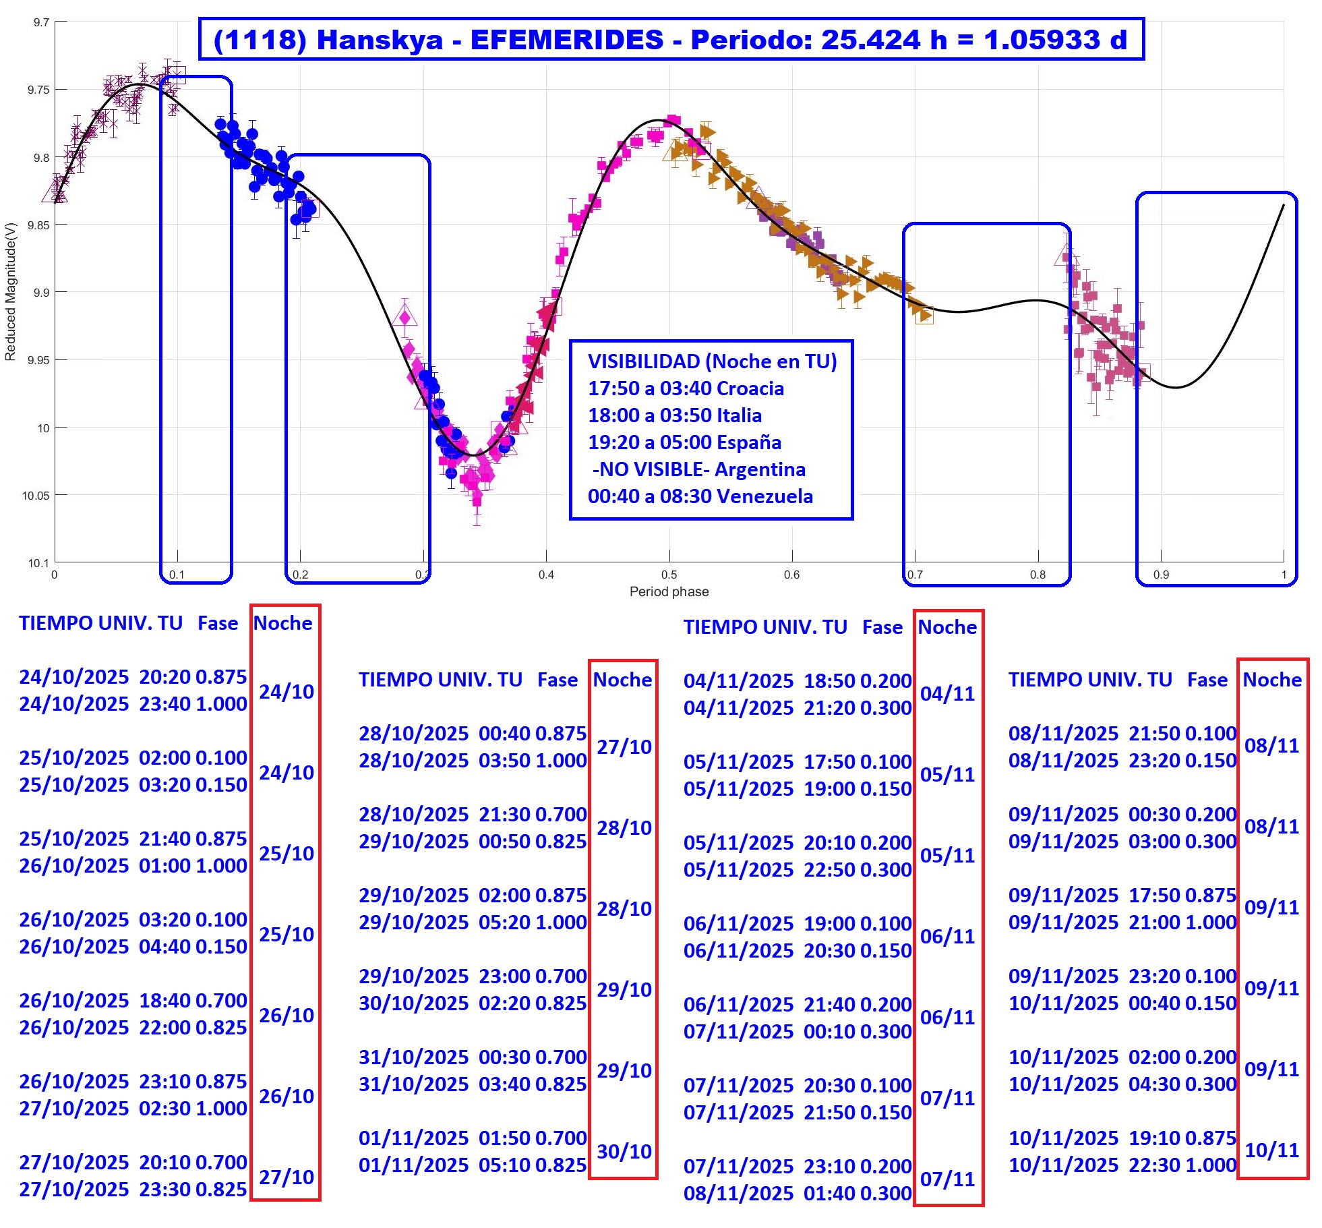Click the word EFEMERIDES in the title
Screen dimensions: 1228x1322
tap(566, 40)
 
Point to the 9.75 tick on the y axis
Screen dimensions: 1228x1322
tap(38, 90)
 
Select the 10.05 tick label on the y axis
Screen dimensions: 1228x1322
tap(35, 496)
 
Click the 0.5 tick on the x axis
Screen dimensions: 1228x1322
tap(669, 575)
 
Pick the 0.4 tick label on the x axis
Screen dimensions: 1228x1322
tap(546, 575)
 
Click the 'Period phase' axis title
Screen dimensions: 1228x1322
tap(669, 592)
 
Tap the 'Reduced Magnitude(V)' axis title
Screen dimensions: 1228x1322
tap(10, 292)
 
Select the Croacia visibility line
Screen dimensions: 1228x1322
tap(686, 388)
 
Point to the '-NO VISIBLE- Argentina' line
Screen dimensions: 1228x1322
tap(698, 469)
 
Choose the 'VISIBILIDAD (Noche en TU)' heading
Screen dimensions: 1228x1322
tap(712, 361)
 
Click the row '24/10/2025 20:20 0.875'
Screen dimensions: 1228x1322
tap(133, 676)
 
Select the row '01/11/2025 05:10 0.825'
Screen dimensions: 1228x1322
tap(473, 1165)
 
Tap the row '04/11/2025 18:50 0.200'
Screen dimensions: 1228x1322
tap(798, 680)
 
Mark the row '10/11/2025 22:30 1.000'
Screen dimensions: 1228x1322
tap(1122, 1165)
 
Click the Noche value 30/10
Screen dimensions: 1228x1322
tap(624, 1151)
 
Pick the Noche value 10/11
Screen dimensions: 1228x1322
tap(1271, 1150)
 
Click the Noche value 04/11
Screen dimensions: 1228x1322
tap(948, 693)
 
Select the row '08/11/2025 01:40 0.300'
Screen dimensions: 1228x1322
tap(798, 1193)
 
